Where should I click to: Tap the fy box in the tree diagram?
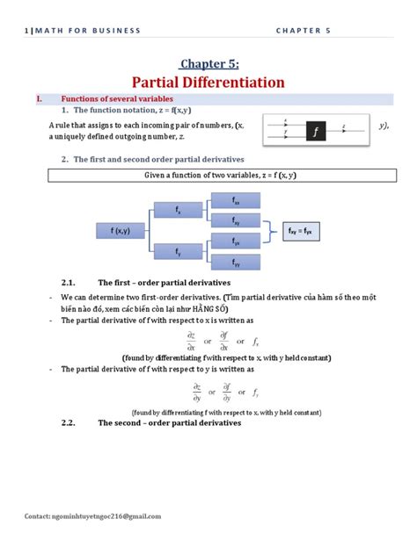178,253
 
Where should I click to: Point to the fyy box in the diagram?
236,262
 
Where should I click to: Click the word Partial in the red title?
159,83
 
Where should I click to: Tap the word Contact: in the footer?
38,516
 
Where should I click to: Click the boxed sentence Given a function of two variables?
208,176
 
